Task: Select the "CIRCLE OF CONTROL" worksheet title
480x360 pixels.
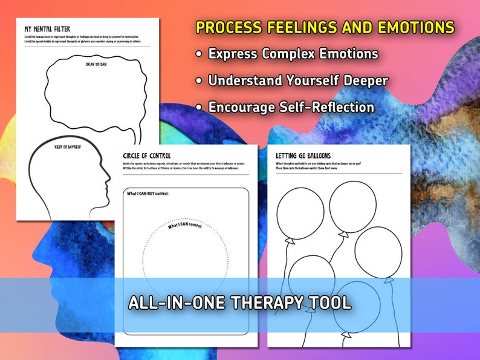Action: [x=147, y=156]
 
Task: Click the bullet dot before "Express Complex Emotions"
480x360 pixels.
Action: [x=199, y=54]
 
